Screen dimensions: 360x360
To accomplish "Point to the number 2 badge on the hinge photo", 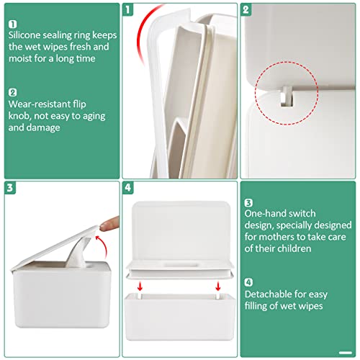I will (246, 10).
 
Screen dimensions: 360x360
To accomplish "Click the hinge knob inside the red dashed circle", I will (286, 93).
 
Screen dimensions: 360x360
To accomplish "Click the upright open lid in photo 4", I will (178, 227).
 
